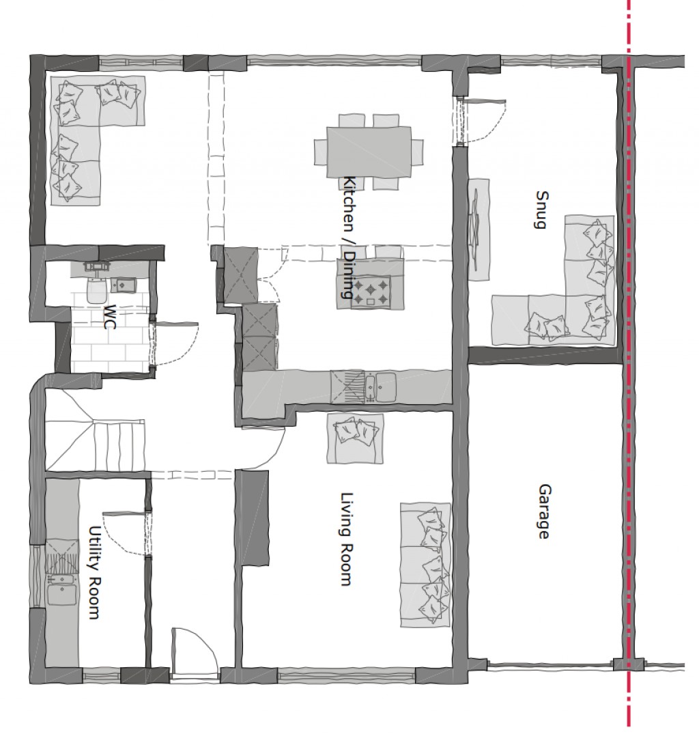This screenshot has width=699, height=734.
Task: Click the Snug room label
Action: click(541, 210)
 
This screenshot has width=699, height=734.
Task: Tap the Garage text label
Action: click(544, 511)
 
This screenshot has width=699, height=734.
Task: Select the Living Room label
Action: click(346, 539)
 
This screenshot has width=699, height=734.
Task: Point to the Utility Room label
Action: click(95, 572)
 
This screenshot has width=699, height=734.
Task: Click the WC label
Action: click(110, 317)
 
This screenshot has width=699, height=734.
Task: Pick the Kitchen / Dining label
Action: click(347, 238)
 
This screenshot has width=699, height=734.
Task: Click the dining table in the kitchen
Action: click(369, 151)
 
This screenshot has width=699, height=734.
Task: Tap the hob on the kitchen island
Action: click(371, 292)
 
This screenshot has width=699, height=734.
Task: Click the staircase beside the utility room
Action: click(96, 437)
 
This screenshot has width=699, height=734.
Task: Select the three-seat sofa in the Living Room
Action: click(425, 565)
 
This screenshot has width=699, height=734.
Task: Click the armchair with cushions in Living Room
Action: click(356, 437)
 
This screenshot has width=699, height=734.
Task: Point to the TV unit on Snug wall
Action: click(479, 228)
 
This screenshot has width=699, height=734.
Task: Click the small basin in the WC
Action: click(123, 285)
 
